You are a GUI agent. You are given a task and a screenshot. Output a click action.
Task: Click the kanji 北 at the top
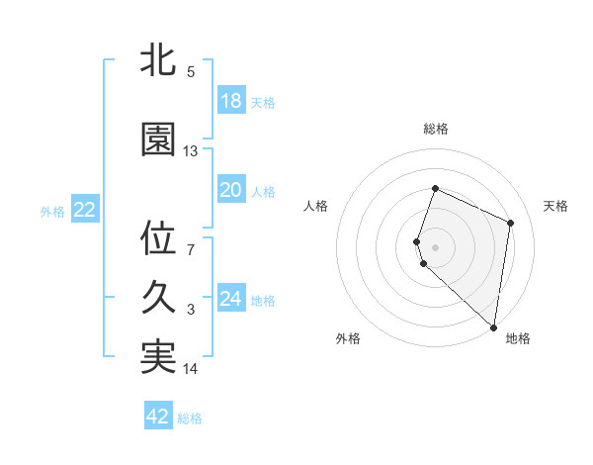[x=158, y=60]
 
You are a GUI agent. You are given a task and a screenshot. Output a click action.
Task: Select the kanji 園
[x=158, y=139]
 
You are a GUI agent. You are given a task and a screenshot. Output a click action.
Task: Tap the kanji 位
[x=158, y=237]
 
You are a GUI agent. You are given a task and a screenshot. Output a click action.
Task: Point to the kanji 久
[x=158, y=298]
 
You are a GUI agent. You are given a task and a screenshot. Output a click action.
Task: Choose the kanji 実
[x=158, y=357]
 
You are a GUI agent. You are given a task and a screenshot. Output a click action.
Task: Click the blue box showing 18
[x=230, y=101]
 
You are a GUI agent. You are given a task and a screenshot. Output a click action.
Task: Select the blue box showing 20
[x=230, y=190]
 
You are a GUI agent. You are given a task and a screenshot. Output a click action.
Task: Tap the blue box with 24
[x=230, y=299]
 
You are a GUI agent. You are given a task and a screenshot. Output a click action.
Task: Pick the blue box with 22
[x=84, y=210]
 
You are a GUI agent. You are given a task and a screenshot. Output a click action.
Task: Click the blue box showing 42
[x=158, y=417]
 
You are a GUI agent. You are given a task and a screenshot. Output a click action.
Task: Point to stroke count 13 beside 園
[x=191, y=151]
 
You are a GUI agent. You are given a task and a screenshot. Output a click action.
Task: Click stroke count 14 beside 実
[x=191, y=369]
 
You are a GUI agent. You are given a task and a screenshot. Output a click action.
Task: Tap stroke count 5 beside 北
[x=191, y=71]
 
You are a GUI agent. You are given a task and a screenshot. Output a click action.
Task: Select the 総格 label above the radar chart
[x=436, y=129]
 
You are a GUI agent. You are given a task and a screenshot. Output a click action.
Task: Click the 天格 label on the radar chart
[x=555, y=206]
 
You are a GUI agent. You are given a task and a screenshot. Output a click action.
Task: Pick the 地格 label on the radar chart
[x=518, y=338]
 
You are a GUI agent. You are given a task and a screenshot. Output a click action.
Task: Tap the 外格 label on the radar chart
[x=348, y=338]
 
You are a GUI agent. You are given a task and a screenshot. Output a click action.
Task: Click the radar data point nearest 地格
[x=493, y=327]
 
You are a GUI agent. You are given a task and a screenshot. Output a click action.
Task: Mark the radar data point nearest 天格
[x=511, y=222]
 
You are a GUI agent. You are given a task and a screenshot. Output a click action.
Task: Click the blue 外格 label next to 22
[x=52, y=211]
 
